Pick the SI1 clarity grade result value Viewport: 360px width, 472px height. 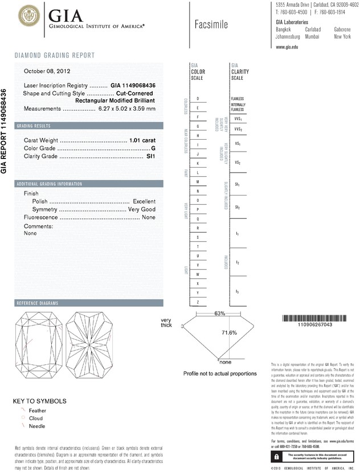point(151,156)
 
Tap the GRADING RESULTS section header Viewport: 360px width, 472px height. point(34,125)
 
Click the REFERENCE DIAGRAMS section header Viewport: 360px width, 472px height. point(39,302)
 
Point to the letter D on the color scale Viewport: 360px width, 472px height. point(198,99)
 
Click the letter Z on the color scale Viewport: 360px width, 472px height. point(198,302)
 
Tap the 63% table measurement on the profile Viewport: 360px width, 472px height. point(220,314)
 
